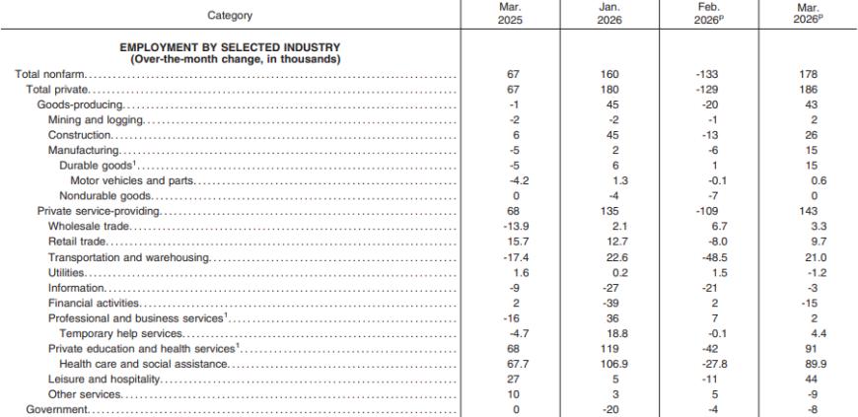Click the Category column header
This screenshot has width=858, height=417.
[230, 16]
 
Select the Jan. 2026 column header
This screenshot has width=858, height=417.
[610, 14]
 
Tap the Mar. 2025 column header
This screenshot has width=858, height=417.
[511, 14]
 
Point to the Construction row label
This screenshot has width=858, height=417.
[80, 135]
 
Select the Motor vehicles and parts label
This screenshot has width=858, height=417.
[132, 181]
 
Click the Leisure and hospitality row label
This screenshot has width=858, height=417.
[104, 380]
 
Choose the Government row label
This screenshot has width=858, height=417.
[56, 410]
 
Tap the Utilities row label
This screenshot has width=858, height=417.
[66, 272]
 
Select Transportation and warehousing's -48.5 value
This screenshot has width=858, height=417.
[711, 257]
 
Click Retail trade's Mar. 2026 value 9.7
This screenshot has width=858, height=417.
[816, 242]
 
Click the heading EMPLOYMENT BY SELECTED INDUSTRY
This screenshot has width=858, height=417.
[230, 47]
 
